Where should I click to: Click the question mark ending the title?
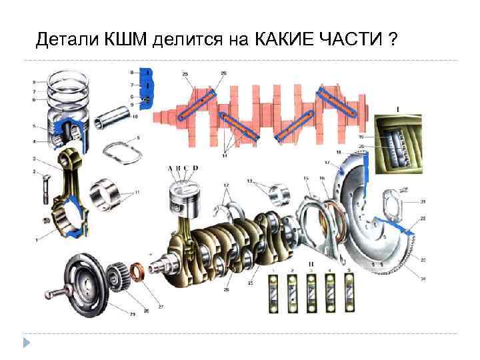click(x=393, y=41)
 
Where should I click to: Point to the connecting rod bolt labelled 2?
click(x=45, y=185)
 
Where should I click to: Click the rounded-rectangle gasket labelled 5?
click(x=124, y=151)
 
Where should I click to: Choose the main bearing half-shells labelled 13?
click(x=278, y=194)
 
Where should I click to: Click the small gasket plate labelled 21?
click(x=393, y=204)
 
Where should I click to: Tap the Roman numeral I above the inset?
click(x=397, y=108)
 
